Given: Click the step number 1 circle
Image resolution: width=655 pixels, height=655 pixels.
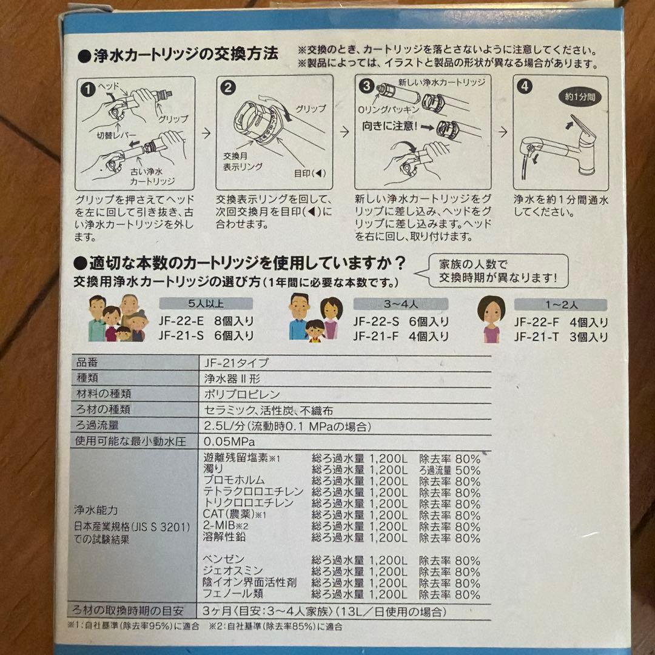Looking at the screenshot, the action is pyautogui.click(x=88, y=89).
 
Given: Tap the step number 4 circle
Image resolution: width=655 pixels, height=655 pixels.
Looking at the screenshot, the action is pyautogui.click(x=525, y=87).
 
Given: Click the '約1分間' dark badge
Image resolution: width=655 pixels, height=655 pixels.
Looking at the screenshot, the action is pyautogui.click(x=580, y=97).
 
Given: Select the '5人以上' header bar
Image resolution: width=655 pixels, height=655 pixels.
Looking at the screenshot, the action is pyautogui.click(x=206, y=303).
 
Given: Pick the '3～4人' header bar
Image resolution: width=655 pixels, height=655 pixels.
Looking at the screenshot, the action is pyautogui.click(x=401, y=304).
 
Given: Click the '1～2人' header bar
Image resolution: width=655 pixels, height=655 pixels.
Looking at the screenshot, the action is pyautogui.click(x=561, y=304).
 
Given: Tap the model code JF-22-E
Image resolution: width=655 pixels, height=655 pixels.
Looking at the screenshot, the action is pyautogui.click(x=181, y=321).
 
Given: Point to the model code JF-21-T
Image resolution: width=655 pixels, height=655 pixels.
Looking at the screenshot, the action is pyautogui.click(x=536, y=337).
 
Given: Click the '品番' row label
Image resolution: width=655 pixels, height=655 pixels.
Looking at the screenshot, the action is pyautogui.click(x=87, y=362).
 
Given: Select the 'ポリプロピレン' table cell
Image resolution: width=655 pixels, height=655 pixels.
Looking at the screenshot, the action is pyautogui.click(x=242, y=394).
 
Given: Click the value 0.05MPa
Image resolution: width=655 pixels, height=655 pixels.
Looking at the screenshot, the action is pyautogui.click(x=229, y=442).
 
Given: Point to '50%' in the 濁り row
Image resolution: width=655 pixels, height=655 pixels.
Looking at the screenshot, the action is pyautogui.click(x=468, y=470).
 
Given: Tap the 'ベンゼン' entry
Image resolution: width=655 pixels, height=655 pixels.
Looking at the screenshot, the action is pyautogui.click(x=224, y=559).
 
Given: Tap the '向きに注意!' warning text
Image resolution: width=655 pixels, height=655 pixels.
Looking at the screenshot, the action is pyautogui.click(x=390, y=126).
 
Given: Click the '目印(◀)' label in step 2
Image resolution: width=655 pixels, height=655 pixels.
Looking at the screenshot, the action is pyautogui.click(x=309, y=173).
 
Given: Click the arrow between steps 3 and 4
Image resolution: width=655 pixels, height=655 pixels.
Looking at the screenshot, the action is pyautogui.click(x=503, y=132).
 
